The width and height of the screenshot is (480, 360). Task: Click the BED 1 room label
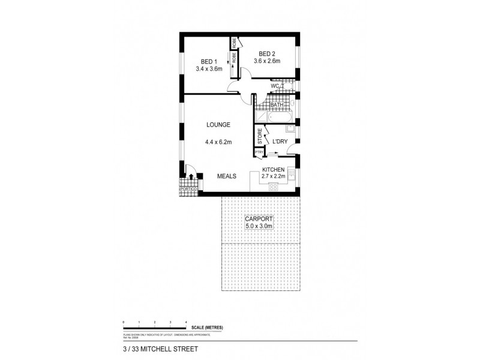[208, 61]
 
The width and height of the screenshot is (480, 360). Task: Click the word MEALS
[226, 176]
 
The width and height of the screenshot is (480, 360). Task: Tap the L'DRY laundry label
[280, 141]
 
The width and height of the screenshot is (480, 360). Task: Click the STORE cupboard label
[260, 136]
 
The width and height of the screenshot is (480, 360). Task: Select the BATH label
[277, 105]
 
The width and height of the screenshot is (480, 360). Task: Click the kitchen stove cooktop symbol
[273, 187]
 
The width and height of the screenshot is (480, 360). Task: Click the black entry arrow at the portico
[191, 177]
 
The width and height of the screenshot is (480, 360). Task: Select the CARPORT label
[259, 220]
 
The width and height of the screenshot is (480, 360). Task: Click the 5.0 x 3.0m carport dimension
[259, 227]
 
